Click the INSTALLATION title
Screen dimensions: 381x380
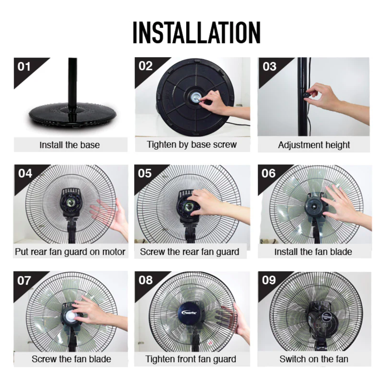pos(196,32)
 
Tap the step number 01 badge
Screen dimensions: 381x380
pos(24,67)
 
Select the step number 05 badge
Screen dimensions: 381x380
pos(145,174)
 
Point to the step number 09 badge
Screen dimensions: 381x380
pos(269,280)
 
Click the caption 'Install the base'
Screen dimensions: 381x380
pos(70,145)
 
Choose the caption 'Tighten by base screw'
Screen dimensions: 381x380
pos(192,144)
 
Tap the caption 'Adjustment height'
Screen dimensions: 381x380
pos(314,145)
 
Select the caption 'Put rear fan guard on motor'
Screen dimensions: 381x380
pos(70,252)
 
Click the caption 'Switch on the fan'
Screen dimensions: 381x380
pos(314,359)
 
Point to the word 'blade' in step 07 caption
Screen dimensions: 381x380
pos(100,359)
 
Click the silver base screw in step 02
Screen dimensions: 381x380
pos(195,97)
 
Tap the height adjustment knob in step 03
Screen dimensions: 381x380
pos(306,95)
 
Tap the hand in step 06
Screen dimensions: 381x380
pos(345,206)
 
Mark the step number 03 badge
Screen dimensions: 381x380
pos(269,67)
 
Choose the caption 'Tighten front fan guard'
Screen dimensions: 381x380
pos(191,359)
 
